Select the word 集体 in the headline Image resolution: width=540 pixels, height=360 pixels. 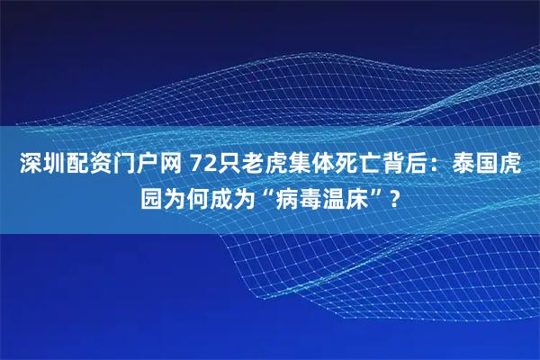(292, 165)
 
